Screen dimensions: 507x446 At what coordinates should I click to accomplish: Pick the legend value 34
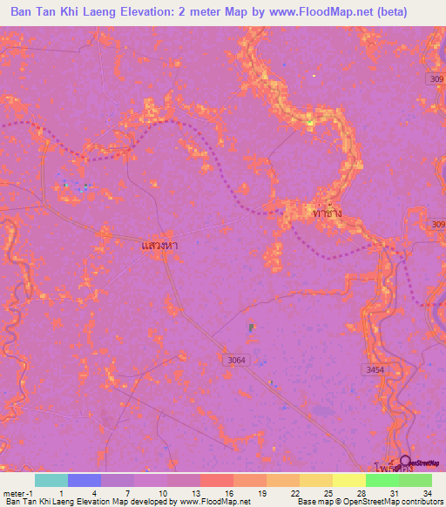pyautogui.click(x=426, y=492)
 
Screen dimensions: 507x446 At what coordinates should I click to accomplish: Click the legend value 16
pyautogui.click(x=228, y=492)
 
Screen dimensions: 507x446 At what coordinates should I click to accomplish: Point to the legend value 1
pyautogui.click(x=62, y=492)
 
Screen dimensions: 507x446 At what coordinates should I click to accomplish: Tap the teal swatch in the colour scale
pyautogui.click(x=51, y=480)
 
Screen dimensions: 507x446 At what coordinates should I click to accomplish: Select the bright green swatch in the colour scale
pyautogui.click(x=382, y=480)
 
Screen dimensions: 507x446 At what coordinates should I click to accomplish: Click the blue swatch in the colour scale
pyautogui.click(x=84, y=480)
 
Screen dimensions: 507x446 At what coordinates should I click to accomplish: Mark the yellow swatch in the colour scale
pyautogui.click(x=348, y=480)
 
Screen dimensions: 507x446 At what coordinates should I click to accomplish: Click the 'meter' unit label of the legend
pyautogui.click(x=12, y=492)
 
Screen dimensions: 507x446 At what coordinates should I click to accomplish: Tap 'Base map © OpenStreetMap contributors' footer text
pyautogui.click(x=369, y=502)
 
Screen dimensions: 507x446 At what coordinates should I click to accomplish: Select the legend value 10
pyautogui.click(x=162, y=492)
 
